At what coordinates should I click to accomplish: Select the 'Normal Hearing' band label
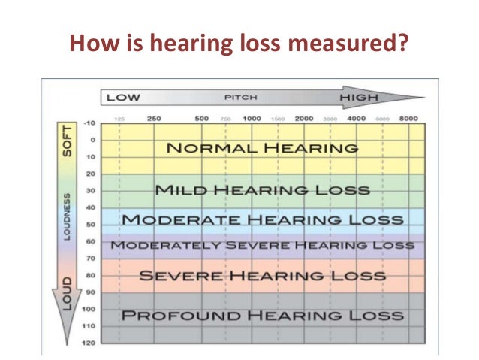coord(261,148)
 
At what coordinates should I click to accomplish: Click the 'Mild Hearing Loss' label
coord(261,190)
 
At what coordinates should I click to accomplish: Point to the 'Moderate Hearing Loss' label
coord(262,219)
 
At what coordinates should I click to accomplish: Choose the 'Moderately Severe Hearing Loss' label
coord(262,245)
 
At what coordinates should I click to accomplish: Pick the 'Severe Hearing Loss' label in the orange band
coord(262,276)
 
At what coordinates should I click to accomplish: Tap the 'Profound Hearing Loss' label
coord(262,314)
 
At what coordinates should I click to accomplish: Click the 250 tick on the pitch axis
coord(154,119)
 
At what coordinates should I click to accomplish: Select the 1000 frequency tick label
coord(252,119)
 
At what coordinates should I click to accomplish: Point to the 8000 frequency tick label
coord(408,119)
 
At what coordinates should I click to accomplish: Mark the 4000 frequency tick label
coord(356,119)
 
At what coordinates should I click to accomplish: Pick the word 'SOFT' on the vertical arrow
coord(65,141)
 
